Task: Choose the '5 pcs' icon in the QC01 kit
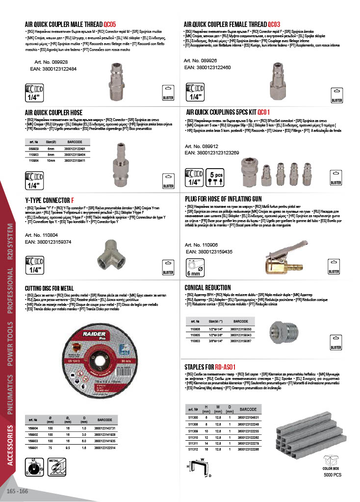(x=216, y=177)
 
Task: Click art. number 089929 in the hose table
(x=34, y=149)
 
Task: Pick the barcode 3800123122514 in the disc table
(x=105, y=448)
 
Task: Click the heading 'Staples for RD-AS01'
(x=210, y=367)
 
